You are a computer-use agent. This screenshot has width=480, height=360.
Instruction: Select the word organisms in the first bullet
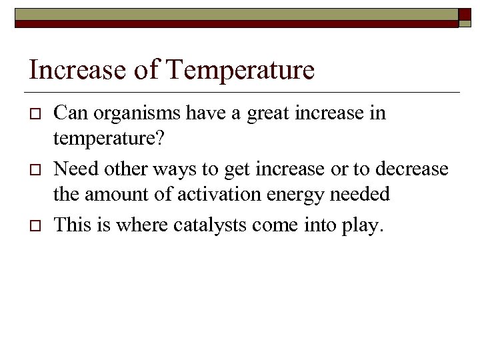pos(136,113)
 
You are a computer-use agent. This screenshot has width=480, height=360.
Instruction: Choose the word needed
pos(361,195)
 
